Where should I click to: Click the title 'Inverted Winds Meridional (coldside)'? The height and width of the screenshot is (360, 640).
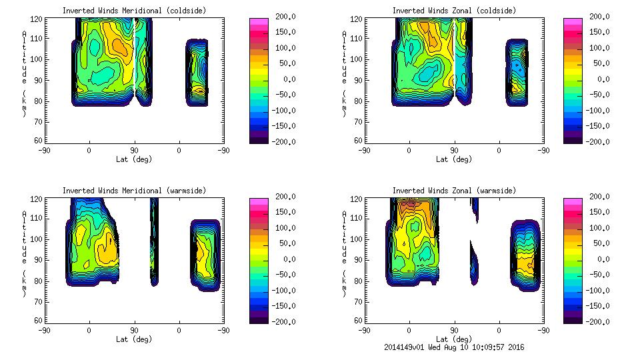(x=134, y=11)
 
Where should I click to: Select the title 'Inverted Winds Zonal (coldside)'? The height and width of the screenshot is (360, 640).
(x=454, y=11)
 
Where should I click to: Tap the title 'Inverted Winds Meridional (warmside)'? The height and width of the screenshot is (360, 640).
(x=134, y=191)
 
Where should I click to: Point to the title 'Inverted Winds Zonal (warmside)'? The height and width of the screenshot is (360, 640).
(x=454, y=191)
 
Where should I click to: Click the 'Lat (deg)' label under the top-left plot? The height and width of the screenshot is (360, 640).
(x=134, y=159)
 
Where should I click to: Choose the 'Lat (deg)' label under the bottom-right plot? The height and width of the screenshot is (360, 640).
(x=454, y=339)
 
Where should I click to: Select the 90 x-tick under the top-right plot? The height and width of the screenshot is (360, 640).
(x=455, y=151)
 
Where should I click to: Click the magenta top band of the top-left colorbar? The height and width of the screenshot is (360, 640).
(x=258, y=22)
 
